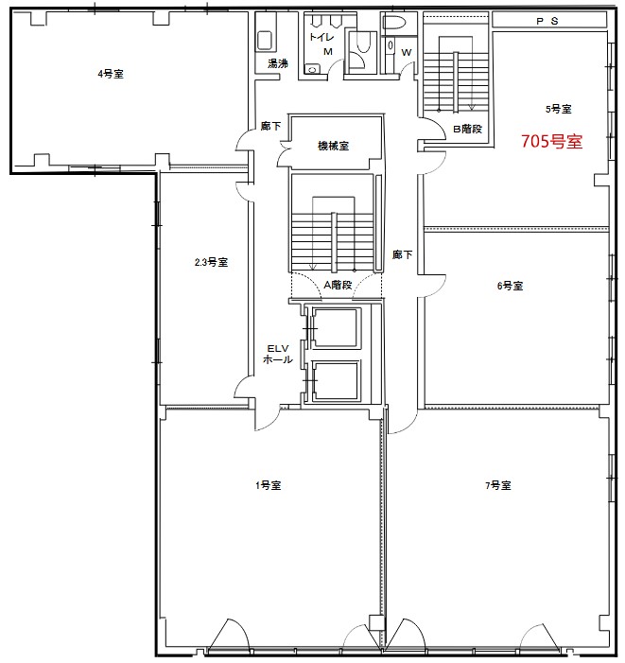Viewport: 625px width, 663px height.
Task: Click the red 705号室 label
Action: click(x=551, y=141)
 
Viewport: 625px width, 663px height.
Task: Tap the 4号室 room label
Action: click(x=111, y=74)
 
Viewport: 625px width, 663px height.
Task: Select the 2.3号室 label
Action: click(x=211, y=262)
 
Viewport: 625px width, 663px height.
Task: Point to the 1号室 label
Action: click(x=268, y=485)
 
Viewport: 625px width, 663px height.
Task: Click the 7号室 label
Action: click(x=497, y=485)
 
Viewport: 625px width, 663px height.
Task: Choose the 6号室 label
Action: click(x=510, y=286)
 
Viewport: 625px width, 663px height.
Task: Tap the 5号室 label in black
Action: click(x=558, y=109)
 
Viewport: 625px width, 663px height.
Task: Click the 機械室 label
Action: click(x=333, y=146)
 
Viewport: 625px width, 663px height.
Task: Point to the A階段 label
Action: click(x=338, y=285)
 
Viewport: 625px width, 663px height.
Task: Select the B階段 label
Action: click(x=467, y=129)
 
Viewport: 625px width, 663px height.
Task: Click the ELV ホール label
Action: click(x=278, y=354)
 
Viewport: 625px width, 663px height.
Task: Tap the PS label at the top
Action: click(x=547, y=21)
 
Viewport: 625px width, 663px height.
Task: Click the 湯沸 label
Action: click(x=278, y=63)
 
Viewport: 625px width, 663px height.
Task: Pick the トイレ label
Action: click(x=321, y=37)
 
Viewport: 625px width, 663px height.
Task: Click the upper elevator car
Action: click(x=336, y=328)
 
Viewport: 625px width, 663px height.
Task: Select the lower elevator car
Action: click(x=336, y=381)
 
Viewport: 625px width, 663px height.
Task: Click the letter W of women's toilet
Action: click(x=406, y=52)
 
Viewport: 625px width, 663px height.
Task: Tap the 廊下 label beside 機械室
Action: click(x=270, y=126)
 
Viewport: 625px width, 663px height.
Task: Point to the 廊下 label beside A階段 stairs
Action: click(x=402, y=254)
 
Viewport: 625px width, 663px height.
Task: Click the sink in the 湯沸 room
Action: click(x=265, y=41)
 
